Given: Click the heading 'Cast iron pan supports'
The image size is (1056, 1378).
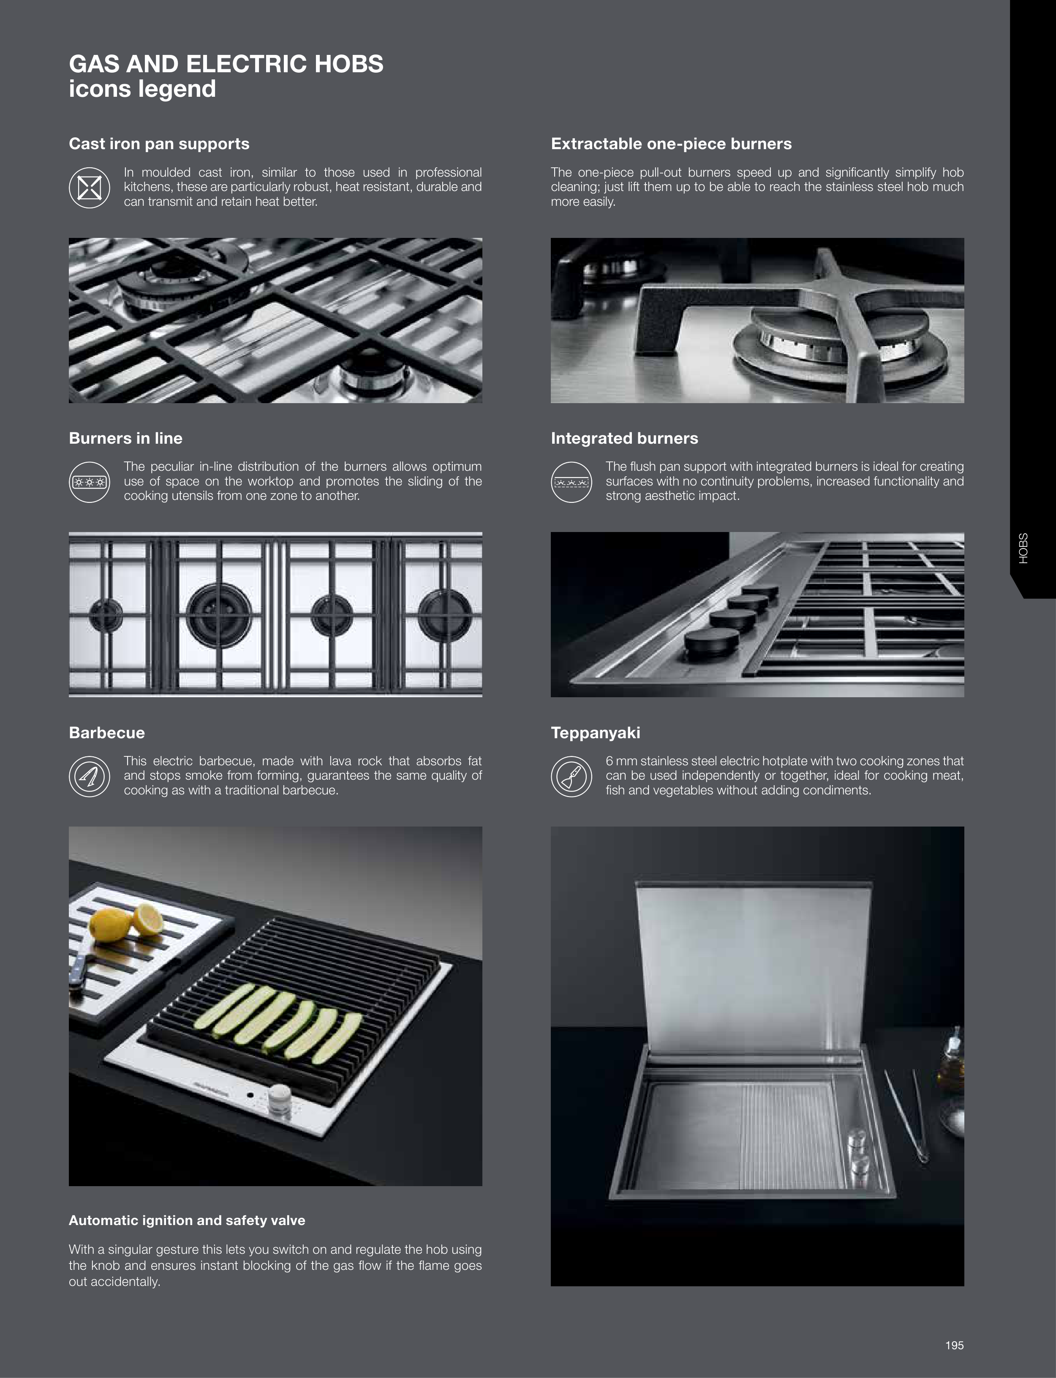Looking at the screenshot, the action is pos(159,144).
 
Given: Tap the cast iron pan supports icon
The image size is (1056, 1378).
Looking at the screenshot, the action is pos(89,187).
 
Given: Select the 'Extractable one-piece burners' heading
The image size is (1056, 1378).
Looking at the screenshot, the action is pos(671,144).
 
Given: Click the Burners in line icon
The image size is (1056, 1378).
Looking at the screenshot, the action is pos(89,482).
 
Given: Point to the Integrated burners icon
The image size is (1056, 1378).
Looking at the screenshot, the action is pos(572,482).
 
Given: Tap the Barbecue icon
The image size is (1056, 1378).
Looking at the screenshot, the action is pos(89,776).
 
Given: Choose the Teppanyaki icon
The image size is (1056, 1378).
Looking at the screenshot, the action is pos(572,776).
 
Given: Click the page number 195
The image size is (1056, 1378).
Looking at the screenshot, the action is pos(954,1345).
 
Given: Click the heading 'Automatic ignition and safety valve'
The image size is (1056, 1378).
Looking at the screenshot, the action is pos(187,1220).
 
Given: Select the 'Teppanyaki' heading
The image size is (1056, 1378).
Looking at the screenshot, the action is pos(595,733).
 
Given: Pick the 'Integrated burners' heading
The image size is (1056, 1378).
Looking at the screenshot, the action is pos(624,438).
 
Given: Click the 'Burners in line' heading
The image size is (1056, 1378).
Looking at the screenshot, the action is pos(126,438).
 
